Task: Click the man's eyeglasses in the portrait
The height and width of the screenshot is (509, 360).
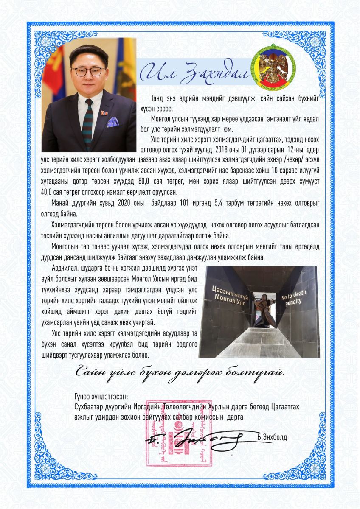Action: (x=88, y=70)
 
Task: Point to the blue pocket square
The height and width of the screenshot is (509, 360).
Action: (x=113, y=122)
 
